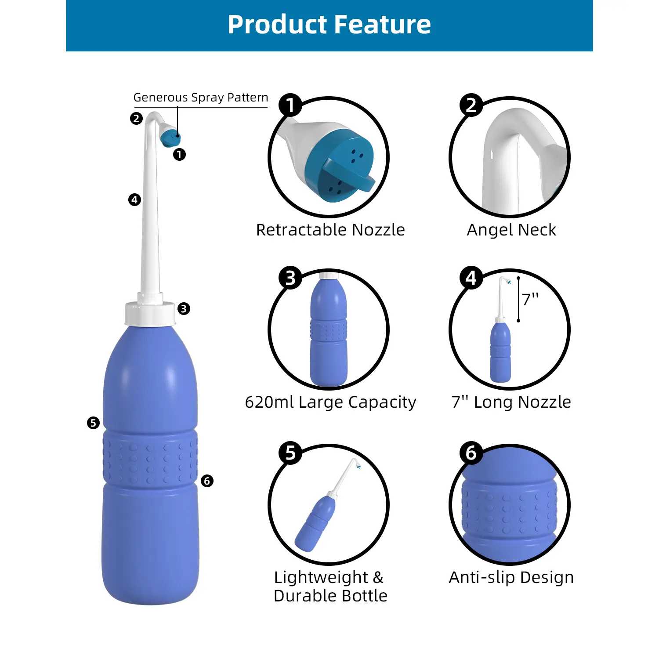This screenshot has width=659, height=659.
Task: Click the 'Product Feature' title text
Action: (329, 25)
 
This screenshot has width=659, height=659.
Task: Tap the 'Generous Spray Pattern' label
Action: (201, 98)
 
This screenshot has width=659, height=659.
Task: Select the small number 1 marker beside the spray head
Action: (179, 155)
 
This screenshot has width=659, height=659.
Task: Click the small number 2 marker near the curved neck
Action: (136, 119)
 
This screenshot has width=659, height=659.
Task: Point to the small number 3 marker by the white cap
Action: (184, 309)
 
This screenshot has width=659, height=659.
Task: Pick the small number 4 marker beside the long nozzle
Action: (134, 200)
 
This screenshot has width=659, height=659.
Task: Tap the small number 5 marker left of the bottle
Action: (93, 423)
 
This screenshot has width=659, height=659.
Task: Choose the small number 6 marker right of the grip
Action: (207, 481)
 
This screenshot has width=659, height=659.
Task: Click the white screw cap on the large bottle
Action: (150, 313)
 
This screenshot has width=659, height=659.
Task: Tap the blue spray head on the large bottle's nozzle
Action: (170, 138)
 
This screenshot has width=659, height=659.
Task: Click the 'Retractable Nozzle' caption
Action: (330, 230)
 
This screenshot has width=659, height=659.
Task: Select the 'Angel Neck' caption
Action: (511, 230)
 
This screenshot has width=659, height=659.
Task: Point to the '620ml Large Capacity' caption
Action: (330, 402)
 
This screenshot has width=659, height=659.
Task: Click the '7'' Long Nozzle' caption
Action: (511, 402)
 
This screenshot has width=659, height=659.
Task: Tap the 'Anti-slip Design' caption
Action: (511, 577)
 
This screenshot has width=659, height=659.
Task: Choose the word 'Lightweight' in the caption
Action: (321, 577)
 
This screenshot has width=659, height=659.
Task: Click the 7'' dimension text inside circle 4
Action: (530, 300)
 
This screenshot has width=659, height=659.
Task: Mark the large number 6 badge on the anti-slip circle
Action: (471, 453)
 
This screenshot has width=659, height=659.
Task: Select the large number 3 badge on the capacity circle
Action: (290, 278)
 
